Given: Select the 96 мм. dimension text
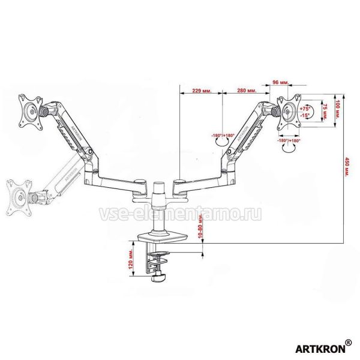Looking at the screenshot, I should coord(281,83).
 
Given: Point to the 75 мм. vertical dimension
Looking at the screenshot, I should coord(325,112).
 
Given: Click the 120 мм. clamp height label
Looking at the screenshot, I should coord(130,260).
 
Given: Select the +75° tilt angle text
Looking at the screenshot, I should coord(304,109).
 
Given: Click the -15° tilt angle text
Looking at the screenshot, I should coord(304,115).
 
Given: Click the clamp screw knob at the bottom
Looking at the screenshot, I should coord(159,277).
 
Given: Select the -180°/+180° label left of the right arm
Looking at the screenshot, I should coord(223,136).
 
